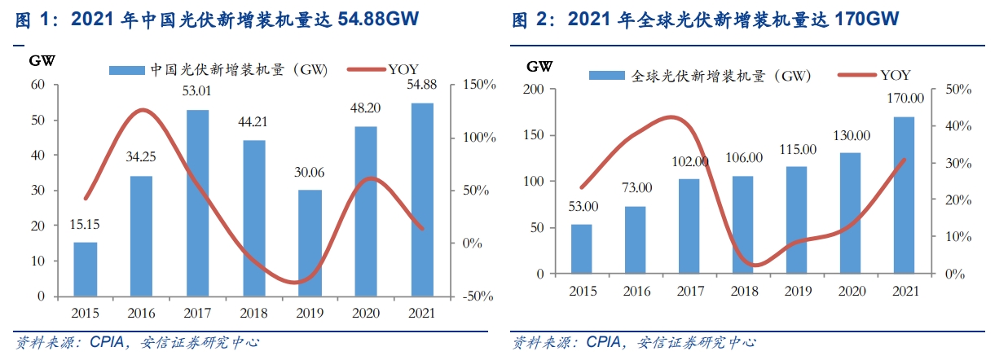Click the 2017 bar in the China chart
[x=197, y=203]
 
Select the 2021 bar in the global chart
[x=904, y=195]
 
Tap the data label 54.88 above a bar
[x=420, y=85]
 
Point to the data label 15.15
[x=85, y=224]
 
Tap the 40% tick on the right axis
[x=959, y=126]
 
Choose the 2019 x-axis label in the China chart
[x=309, y=312]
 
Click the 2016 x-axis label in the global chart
[x=638, y=291]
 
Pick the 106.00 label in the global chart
[x=744, y=158]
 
